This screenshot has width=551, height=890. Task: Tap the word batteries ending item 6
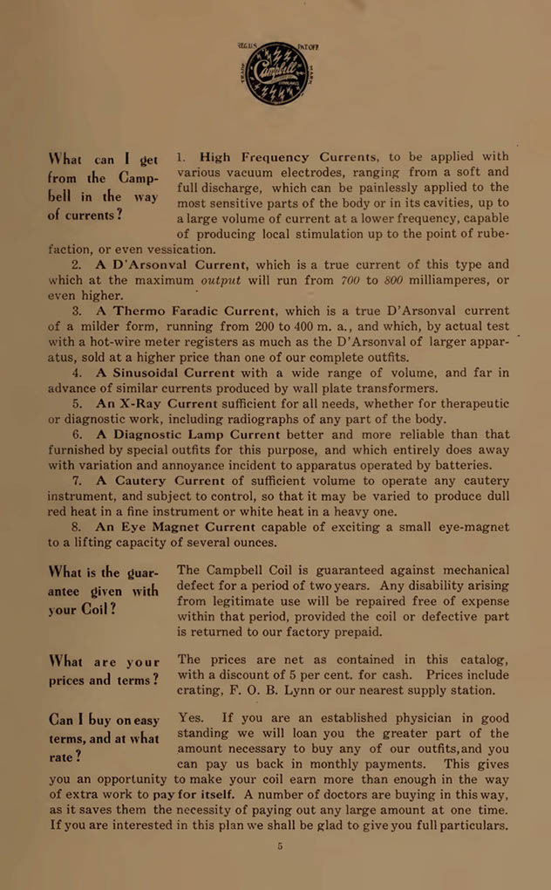point(461,465)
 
